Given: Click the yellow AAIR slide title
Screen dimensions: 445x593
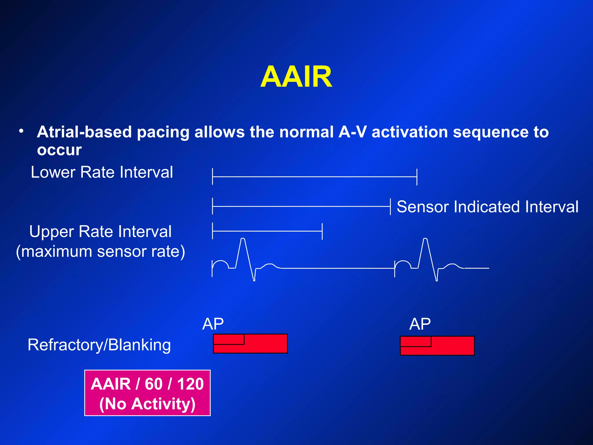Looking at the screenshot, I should coord(296,77).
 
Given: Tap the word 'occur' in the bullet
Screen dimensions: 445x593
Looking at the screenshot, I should coord(59,150).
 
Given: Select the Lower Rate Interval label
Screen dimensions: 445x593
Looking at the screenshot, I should coord(102,172).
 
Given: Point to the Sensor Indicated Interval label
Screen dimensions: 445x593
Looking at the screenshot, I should coord(487,207).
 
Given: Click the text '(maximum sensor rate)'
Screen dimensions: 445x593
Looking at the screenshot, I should coord(100,251).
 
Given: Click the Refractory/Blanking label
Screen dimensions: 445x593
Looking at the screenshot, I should coord(99,345).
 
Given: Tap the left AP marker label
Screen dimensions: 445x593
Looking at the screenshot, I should coord(213,324).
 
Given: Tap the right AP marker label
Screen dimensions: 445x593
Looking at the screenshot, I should coord(420,324).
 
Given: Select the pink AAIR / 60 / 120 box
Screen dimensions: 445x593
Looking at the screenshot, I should coord(147,393).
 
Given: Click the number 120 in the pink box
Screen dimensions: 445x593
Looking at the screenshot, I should coord(190,384).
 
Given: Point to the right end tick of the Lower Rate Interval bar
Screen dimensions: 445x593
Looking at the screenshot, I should coord(417,177).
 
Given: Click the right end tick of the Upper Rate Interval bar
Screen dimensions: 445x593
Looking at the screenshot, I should coord(322,231).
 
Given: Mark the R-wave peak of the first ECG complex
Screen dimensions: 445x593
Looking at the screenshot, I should coord(243,239).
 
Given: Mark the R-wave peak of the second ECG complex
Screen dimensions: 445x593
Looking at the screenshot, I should coord(425,239).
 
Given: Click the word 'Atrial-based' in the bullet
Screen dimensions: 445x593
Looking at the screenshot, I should coord(85,132).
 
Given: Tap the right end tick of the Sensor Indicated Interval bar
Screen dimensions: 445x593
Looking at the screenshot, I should coord(390,207).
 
